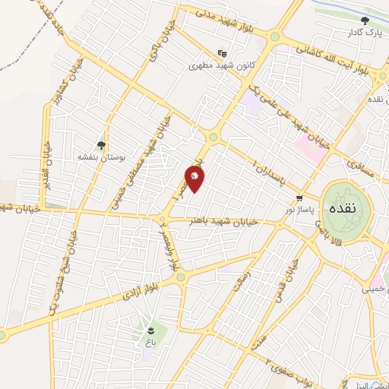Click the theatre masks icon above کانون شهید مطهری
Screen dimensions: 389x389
pyautogui.click(x=222, y=53)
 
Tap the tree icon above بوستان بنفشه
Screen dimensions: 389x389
pyautogui.click(x=100, y=144)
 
